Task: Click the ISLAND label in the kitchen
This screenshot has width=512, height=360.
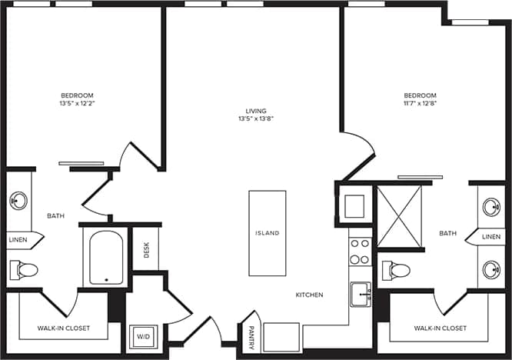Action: pos(268,233)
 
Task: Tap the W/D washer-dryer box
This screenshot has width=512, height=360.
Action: pos(142,336)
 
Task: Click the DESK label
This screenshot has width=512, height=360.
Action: pos(146,250)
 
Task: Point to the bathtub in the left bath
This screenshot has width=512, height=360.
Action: pos(105,258)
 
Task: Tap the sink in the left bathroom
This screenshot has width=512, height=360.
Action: pos(18,202)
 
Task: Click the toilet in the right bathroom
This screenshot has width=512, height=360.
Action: pos(396,270)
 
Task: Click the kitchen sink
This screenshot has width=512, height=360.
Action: pos(360,293)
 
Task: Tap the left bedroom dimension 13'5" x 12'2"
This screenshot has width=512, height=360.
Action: pos(81,102)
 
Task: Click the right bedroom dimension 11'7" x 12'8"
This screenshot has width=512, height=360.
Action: pos(420,102)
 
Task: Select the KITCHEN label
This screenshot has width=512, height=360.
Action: pos(310,295)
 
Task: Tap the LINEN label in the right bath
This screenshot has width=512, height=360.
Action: pos(491,237)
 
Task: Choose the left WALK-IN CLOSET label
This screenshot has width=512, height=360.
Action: pos(64,328)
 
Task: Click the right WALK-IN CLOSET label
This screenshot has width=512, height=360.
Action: pos(440,328)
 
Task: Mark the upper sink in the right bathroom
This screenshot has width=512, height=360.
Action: pos(492,207)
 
